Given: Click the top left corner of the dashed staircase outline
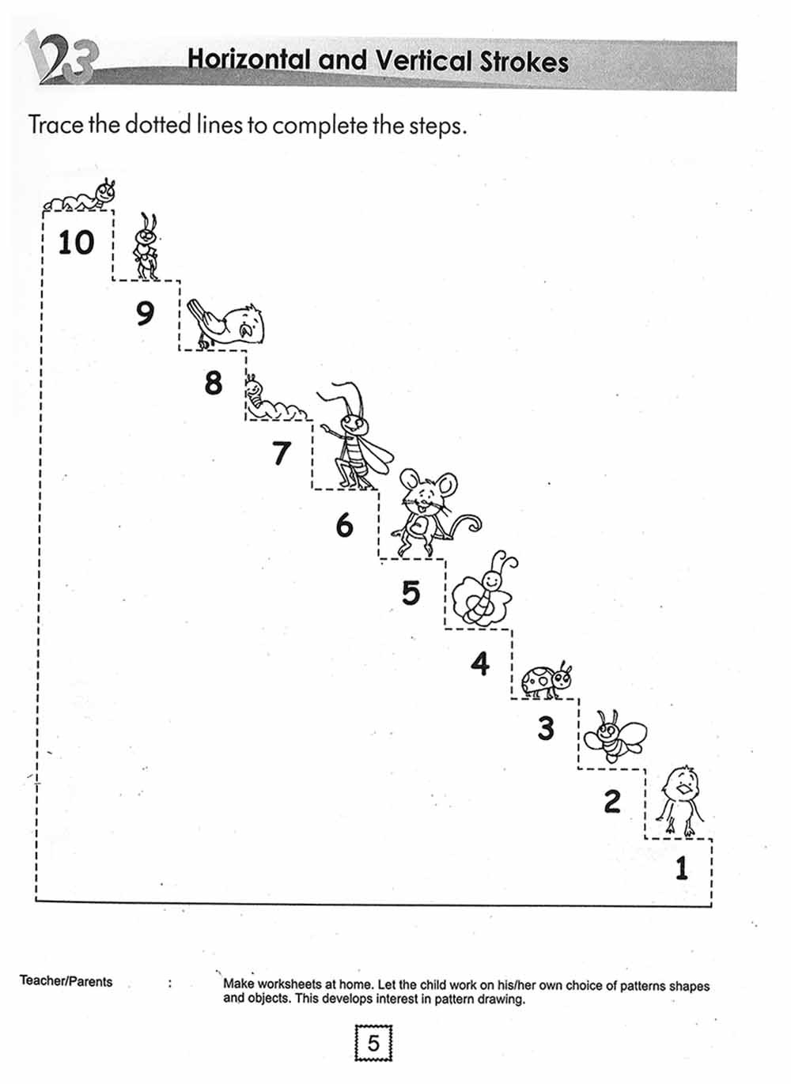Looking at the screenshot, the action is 43,211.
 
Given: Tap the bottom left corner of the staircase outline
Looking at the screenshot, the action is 36,900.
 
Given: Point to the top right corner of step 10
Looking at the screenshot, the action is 113,210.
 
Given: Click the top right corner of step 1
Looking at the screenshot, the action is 712,839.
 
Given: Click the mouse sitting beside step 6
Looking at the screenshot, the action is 433,512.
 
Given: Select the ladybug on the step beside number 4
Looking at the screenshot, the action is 546,680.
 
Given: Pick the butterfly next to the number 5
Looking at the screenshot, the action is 484,589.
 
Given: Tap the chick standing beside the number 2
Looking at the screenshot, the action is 680,802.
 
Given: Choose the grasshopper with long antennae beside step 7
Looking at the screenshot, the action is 356,436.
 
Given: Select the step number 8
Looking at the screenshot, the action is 214,383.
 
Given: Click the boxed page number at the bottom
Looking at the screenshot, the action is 373,1044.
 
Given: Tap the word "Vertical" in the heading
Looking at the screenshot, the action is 423,62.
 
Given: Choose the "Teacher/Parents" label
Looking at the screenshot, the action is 66,981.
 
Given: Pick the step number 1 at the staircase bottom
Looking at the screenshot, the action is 682,868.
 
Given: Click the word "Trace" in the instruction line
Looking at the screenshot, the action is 55,125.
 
